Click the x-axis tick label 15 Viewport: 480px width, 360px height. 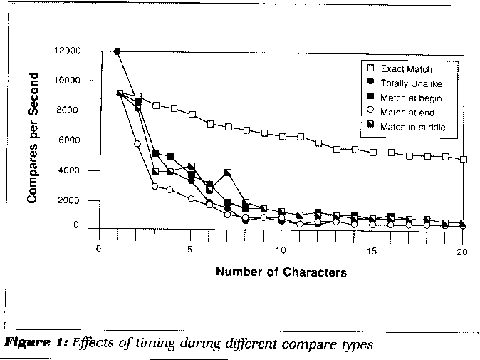(372, 250)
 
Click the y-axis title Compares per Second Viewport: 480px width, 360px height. (33, 139)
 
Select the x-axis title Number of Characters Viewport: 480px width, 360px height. (281, 272)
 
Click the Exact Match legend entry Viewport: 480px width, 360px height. (406, 69)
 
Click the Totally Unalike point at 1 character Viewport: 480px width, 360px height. (118, 51)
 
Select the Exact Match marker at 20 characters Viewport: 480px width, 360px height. (464, 160)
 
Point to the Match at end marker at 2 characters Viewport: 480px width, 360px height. (137, 144)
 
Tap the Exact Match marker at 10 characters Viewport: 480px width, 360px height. (283, 136)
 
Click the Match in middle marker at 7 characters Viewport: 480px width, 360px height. (227, 173)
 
